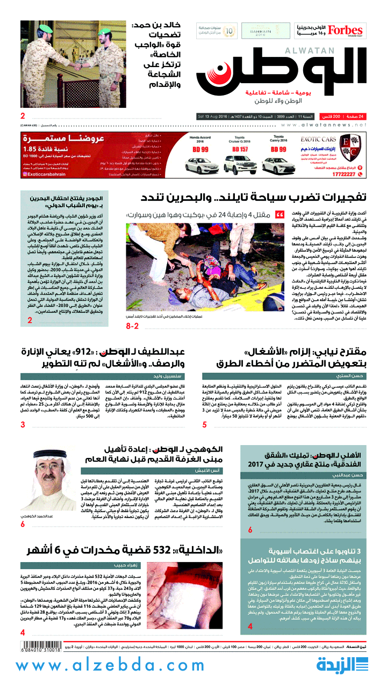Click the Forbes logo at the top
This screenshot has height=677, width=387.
[346, 31]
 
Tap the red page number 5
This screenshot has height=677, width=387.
[204, 425]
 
